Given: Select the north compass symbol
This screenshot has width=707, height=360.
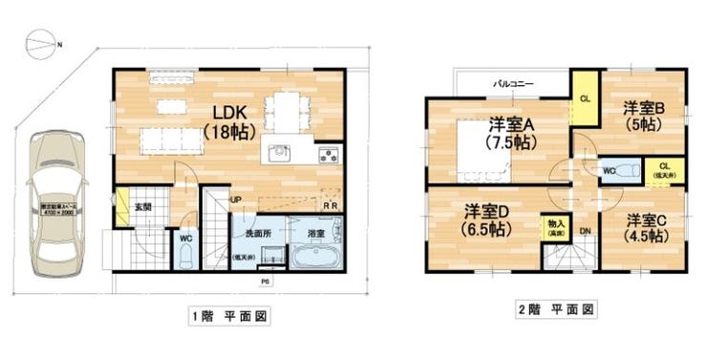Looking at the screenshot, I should [40, 42].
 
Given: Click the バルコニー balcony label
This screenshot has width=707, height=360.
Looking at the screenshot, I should [513, 84].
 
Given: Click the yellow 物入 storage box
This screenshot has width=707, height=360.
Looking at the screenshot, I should [554, 226].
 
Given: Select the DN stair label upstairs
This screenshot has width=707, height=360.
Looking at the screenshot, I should [585, 230].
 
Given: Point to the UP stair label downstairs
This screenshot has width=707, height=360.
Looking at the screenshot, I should [236, 200].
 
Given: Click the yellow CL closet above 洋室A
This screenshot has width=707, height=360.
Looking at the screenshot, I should [584, 98].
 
